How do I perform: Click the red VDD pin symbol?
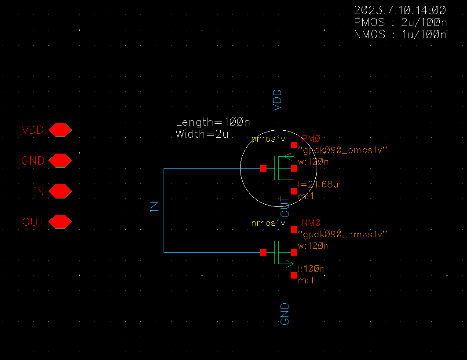point(60,130)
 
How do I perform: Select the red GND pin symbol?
point(60,161)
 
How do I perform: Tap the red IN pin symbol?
point(60,191)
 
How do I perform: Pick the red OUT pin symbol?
point(60,222)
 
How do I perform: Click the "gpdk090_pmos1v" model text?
point(342,151)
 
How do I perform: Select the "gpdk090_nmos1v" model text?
point(342,234)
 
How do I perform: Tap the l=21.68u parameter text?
point(318,184)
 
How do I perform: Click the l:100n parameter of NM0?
point(311,268)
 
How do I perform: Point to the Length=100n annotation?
point(213,122)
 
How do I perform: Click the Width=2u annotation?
point(202,134)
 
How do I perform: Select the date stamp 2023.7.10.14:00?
point(400,10)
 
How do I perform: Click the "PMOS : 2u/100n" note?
point(400,22)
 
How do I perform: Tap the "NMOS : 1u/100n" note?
point(400,35)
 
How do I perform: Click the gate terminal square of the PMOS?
point(263,168)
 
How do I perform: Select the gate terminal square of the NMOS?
point(263,252)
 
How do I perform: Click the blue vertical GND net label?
point(285,314)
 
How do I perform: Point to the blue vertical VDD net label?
point(277,99)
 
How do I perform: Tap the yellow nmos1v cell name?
point(268,223)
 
